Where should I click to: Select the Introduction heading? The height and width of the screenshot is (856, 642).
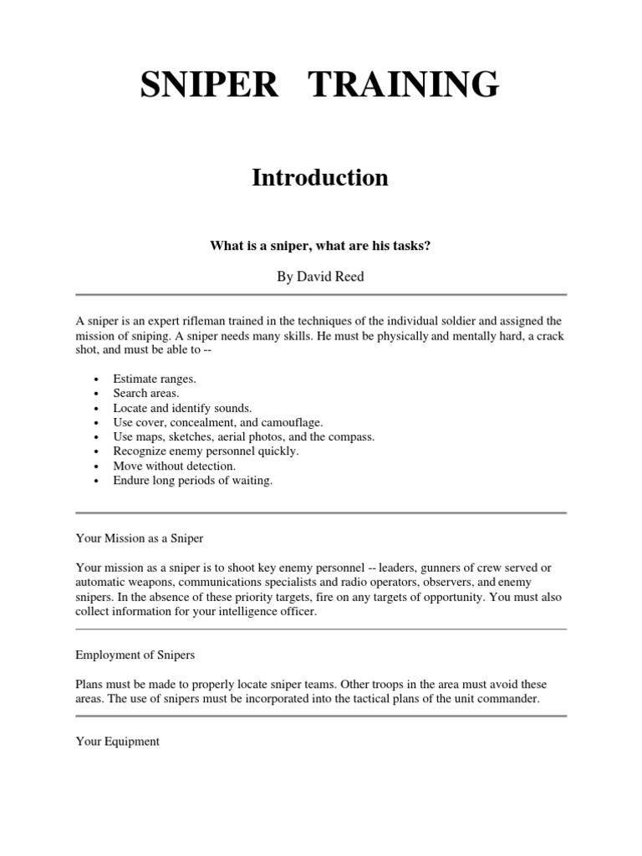tap(320, 177)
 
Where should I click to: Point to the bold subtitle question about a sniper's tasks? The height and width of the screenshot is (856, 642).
tap(320, 247)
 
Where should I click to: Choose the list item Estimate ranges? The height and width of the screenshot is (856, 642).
tap(154, 379)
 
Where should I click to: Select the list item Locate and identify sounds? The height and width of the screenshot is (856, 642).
tap(181, 408)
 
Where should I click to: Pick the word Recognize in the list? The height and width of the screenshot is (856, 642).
tap(140, 451)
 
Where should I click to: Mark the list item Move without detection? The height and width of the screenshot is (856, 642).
tap(175, 466)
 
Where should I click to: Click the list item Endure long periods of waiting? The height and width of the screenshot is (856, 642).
tap(192, 481)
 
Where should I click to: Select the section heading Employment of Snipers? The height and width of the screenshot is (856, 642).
tap(135, 655)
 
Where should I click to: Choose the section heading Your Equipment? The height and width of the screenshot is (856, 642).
tap(117, 741)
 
